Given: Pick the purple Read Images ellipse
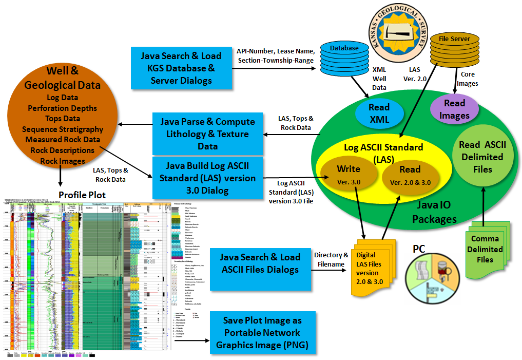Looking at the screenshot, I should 454,109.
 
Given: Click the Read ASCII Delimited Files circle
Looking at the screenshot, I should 482,157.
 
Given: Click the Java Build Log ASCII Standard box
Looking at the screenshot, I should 207,178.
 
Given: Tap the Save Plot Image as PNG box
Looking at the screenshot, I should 261,332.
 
